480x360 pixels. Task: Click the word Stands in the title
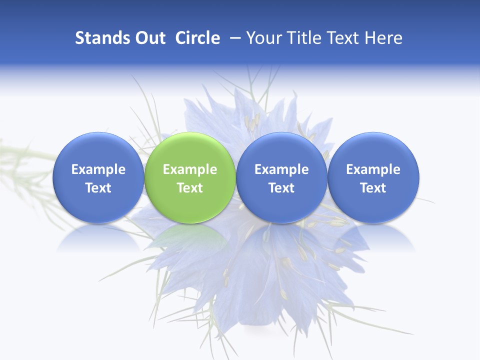pyautogui.click(x=102, y=38)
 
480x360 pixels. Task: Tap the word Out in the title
pyautogui.click(x=149, y=38)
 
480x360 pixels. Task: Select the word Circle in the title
pyautogui.click(x=197, y=38)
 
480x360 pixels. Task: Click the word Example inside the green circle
pyautogui.click(x=190, y=169)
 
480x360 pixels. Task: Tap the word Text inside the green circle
pyautogui.click(x=190, y=188)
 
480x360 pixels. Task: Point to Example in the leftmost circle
pyautogui.click(x=98, y=169)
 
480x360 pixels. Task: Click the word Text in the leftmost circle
pyautogui.click(x=98, y=188)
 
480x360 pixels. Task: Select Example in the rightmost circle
pyautogui.click(x=373, y=169)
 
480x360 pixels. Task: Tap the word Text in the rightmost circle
pyautogui.click(x=373, y=188)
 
